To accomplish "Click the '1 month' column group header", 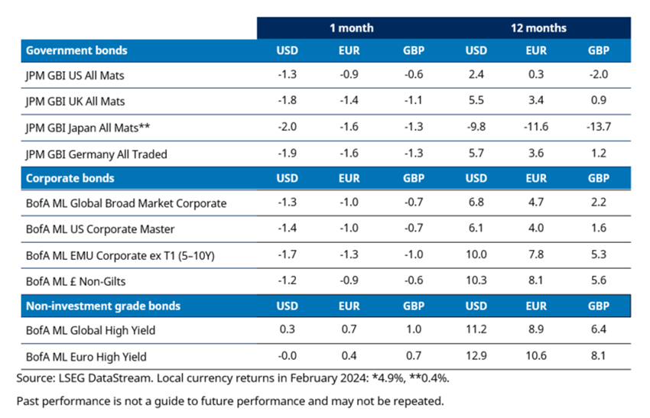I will click(x=352, y=28).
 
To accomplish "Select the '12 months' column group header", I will click(x=538, y=28).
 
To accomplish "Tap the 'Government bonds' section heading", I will click(x=76, y=50).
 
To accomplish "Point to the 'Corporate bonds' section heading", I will click(x=70, y=178).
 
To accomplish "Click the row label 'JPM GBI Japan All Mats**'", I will click(x=86, y=128).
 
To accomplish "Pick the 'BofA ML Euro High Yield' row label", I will click(x=86, y=357).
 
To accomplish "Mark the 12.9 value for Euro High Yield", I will click(x=476, y=357).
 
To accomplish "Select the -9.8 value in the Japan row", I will click(x=476, y=128).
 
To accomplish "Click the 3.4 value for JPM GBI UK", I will click(x=536, y=102).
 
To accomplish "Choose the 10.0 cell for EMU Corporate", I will click(x=476, y=255).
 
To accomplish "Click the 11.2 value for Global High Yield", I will click(x=476, y=332).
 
